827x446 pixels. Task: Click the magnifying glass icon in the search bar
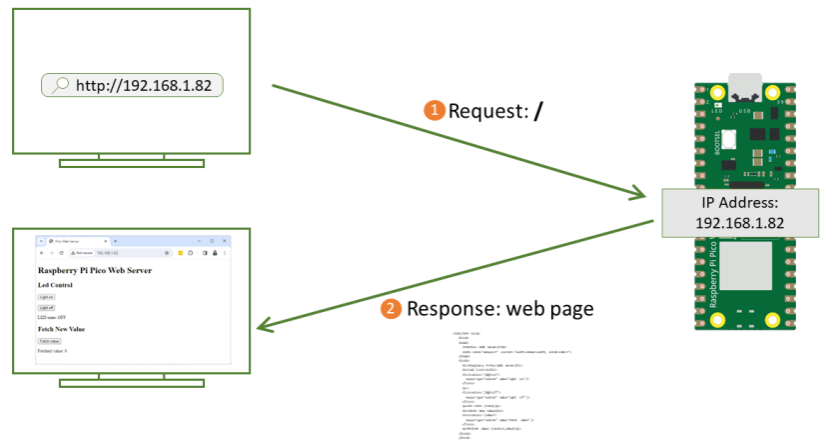pos(60,85)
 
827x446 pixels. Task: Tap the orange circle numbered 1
pos(434,110)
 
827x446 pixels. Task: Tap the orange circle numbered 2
pos(393,309)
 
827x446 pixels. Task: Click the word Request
pos(485,110)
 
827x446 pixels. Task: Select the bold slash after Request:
pos(539,110)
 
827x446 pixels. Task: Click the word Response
pos(449,309)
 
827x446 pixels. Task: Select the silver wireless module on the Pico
pos(744,275)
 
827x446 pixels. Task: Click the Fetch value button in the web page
pos(49,341)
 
